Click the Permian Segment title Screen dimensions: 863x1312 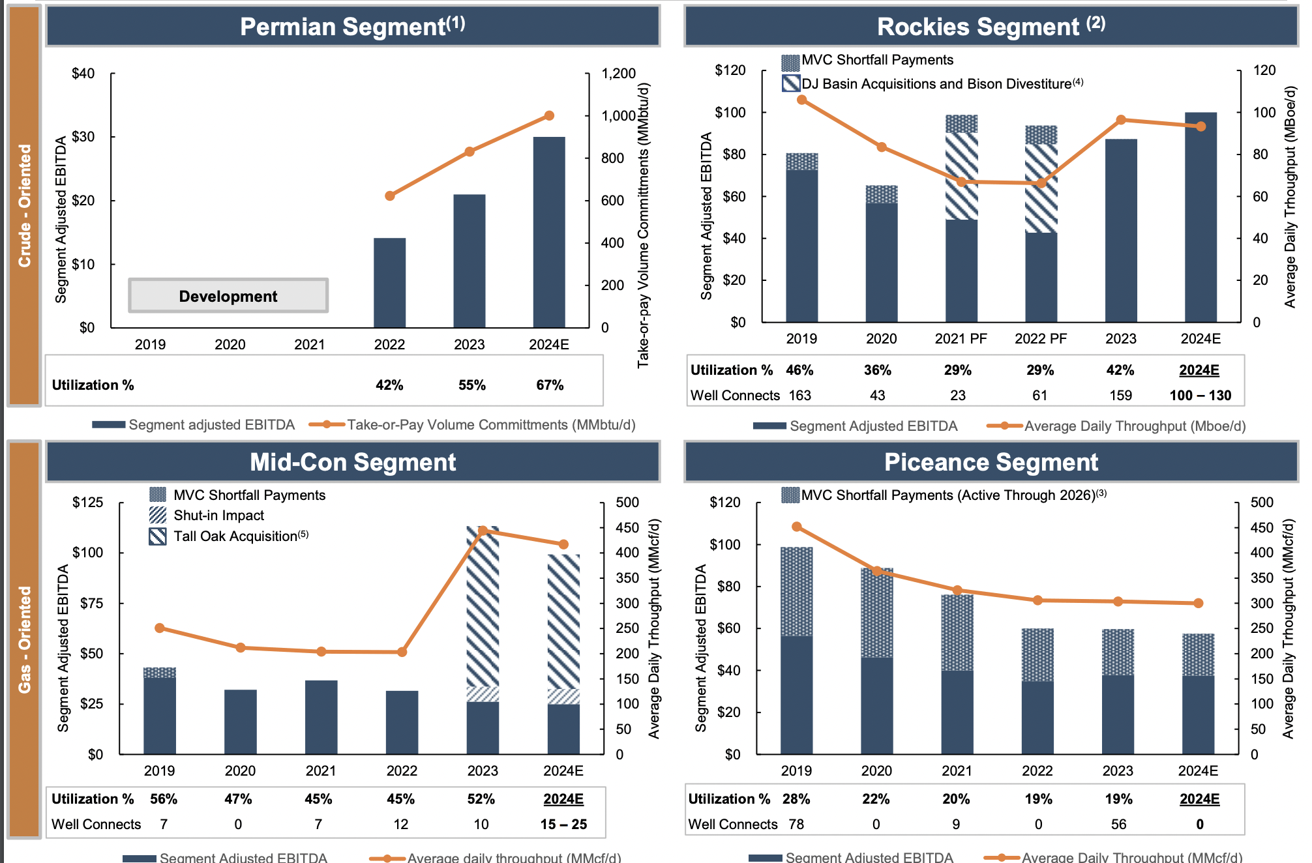[352, 27]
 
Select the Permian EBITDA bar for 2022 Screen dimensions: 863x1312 [389, 283]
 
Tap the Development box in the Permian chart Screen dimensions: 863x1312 [228, 296]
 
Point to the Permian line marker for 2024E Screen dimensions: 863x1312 [549, 115]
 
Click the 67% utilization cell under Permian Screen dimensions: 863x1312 [549, 385]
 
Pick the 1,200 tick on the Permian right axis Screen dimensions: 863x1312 [618, 74]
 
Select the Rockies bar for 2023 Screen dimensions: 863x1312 [1120, 231]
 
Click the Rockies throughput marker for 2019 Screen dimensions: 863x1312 [801, 100]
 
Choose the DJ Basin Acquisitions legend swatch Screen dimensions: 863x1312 [790, 83]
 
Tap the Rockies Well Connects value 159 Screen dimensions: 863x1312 [1120, 396]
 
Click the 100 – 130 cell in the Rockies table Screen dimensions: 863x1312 [1200, 396]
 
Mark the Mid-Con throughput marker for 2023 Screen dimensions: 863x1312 [483, 531]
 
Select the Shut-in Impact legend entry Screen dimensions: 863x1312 [218, 516]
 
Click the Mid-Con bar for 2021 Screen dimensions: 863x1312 [321, 717]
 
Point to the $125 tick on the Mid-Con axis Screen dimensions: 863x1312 [87, 503]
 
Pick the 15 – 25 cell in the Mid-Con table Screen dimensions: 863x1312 [563, 825]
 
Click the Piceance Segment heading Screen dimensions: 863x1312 [991, 462]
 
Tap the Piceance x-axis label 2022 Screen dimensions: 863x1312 [1037, 770]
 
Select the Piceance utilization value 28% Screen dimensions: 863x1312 [796, 799]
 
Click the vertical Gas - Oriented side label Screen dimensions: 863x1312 [25, 639]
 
